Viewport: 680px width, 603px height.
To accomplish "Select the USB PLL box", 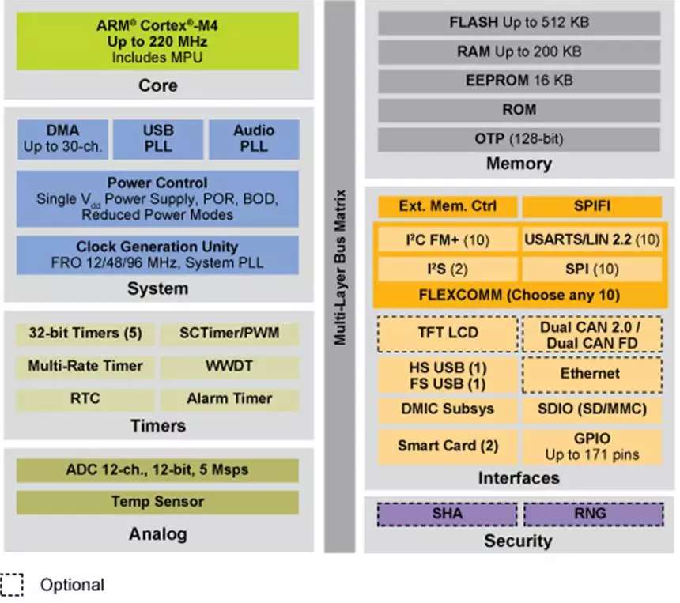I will (x=157, y=139).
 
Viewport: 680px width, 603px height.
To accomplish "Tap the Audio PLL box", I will (x=254, y=139).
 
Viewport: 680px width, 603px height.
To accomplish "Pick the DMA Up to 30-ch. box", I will (x=62, y=139).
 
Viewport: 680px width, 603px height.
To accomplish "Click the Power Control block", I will (x=157, y=198).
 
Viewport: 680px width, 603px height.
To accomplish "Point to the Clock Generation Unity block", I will (x=157, y=254).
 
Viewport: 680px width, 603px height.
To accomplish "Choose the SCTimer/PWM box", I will (x=230, y=334).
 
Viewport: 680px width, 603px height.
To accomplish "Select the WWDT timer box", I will (x=230, y=366).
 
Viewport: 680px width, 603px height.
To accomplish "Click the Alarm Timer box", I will (x=230, y=398).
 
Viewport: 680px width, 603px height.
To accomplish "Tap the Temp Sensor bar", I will (x=157, y=502).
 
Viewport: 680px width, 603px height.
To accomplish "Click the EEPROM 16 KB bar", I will (x=519, y=80).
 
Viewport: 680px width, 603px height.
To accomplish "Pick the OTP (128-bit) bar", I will (x=519, y=138).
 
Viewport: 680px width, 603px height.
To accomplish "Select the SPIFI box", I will (x=591, y=207).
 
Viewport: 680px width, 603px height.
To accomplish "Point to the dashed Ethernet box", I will (x=591, y=374).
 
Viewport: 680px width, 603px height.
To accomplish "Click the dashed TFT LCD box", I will (x=448, y=333).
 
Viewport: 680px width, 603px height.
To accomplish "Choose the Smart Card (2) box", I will (x=448, y=446).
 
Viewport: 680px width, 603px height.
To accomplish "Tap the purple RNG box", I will (x=592, y=514).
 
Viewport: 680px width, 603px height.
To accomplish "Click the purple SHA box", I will (x=448, y=514).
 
